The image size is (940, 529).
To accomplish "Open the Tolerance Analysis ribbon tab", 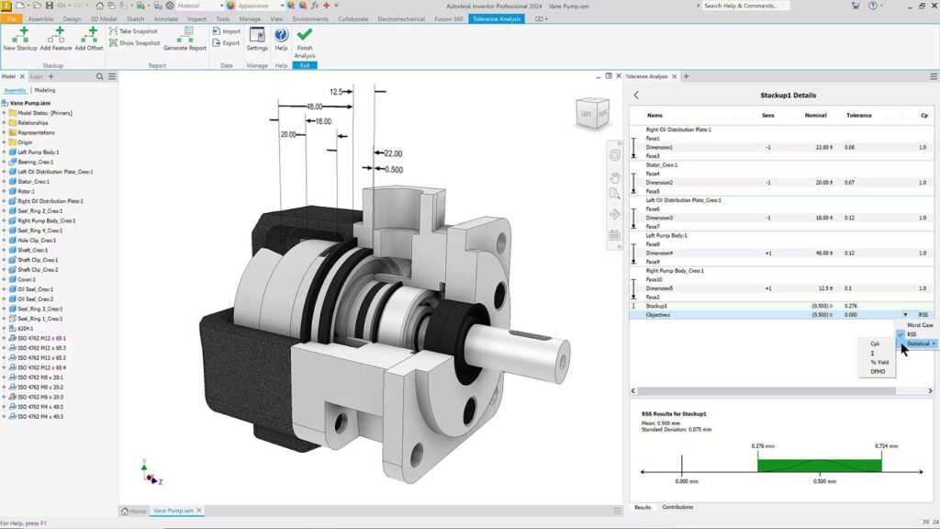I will click(x=497, y=18).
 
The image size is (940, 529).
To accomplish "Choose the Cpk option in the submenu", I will click(x=875, y=343).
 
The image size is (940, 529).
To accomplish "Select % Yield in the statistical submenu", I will click(x=879, y=362).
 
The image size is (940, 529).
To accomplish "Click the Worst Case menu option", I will click(x=919, y=325).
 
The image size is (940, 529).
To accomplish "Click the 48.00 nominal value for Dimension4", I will click(x=821, y=253).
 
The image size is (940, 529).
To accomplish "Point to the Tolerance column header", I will click(x=858, y=116).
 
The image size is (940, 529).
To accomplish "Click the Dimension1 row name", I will click(x=659, y=147).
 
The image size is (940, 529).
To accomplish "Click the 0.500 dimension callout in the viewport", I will click(x=393, y=169).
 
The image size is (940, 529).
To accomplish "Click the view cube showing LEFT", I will click(x=590, y=115).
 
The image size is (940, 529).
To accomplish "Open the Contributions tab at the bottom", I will click(x=677, y=507).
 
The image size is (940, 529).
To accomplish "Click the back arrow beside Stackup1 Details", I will click(x=637, y=95).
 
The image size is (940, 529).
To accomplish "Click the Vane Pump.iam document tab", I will click(x=173, y=510).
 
